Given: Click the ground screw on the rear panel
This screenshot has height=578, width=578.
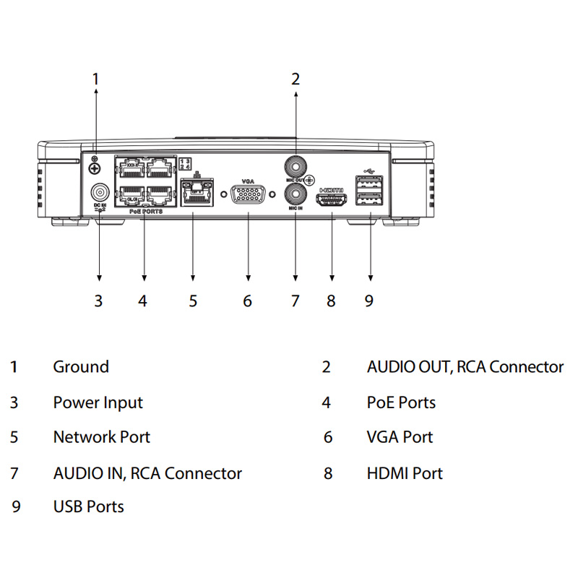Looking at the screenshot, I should tap(94, 168).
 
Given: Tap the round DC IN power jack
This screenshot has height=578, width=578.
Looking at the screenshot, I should tap(99, 193).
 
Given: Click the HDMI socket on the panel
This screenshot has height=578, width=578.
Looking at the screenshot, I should tap(332, 199).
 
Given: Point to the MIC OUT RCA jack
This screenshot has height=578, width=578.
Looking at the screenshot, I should tap(295, 163).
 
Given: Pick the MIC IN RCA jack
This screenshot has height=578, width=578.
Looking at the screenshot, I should tap(295, 193).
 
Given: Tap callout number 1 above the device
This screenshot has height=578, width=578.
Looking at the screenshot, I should tap(95, 79).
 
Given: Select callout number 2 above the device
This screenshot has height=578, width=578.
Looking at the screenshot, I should tap(295, 79).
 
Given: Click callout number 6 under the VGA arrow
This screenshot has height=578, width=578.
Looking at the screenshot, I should tap(247, 301).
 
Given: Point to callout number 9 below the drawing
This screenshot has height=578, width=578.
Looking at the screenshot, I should tap(369, 301).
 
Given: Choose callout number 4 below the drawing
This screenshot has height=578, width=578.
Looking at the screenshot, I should tap(143, 301).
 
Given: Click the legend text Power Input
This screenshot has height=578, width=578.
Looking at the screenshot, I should tap(98, 402).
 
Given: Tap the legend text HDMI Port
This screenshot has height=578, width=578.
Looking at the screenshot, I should tap(405, 473).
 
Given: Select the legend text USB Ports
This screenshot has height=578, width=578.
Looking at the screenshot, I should tap(89, 506).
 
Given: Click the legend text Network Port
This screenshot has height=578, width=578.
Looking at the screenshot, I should tap(102, 437).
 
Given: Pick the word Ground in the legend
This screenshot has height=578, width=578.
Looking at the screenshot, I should tap(81, 367).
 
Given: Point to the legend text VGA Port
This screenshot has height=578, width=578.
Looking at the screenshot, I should tap(400, 437).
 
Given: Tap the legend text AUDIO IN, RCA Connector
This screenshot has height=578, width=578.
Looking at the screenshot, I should tap(147, 473).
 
